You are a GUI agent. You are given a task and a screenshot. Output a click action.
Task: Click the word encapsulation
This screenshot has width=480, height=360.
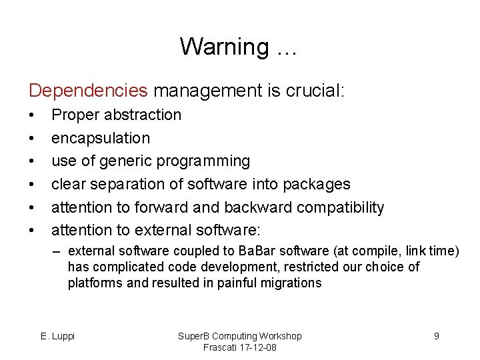click(x=101, y=138)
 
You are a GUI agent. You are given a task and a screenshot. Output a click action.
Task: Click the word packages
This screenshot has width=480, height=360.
click(x=319, y=184)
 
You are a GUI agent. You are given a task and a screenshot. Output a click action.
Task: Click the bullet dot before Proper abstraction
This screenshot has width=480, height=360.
click(x=31, y=115)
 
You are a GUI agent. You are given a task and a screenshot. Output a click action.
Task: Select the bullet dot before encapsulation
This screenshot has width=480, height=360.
click(x=31, y=138)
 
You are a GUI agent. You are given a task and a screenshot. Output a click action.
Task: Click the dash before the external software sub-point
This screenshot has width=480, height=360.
click(x=58, y=251)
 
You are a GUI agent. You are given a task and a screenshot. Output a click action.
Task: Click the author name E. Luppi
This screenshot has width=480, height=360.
click(x=58, y=336)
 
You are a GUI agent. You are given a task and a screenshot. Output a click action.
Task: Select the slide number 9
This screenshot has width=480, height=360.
click(x=437, y=336)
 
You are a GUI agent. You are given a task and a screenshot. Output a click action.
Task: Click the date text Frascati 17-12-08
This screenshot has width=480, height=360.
click(x=240, y=347)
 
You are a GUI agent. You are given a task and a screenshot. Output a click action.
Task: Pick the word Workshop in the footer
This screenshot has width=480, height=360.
click(x=278, y=336)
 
